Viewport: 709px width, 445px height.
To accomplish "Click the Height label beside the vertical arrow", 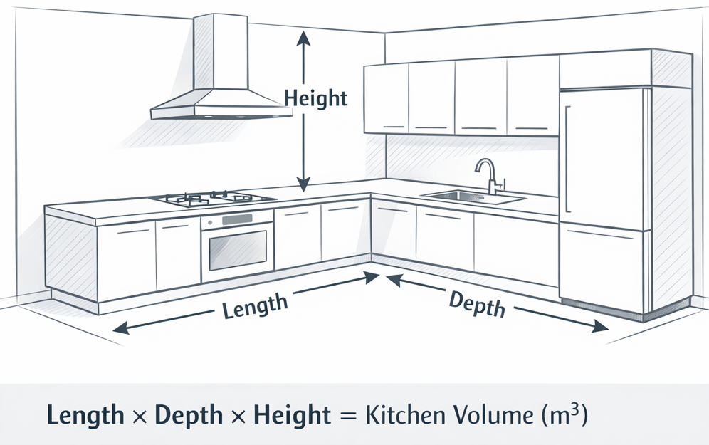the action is coord(316,98).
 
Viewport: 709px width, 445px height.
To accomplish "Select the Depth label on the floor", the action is coord(477,304).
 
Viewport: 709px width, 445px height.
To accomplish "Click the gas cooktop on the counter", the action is coord(211,197).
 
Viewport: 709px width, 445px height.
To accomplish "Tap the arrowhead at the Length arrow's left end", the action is coord(120,330).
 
